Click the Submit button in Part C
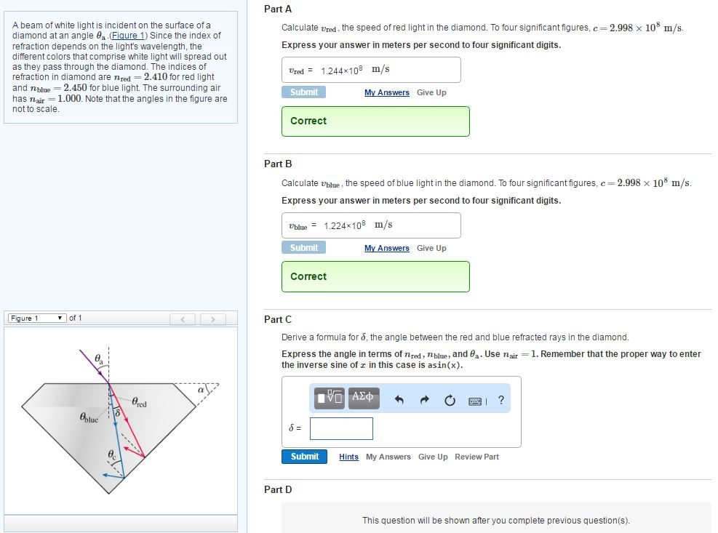click(304, 457)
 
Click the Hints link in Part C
click(348, 457)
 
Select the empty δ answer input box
click(341, 428)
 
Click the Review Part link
click(476, 457)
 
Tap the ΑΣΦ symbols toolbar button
click(363, 398)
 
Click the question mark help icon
click(500, 400)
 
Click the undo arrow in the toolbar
click(399, 400)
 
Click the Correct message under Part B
click(308, 276)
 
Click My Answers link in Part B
click(386, 248)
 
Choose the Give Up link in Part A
click(431, 92)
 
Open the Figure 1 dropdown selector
click(37, 318)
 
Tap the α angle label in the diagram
click(199, 391)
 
